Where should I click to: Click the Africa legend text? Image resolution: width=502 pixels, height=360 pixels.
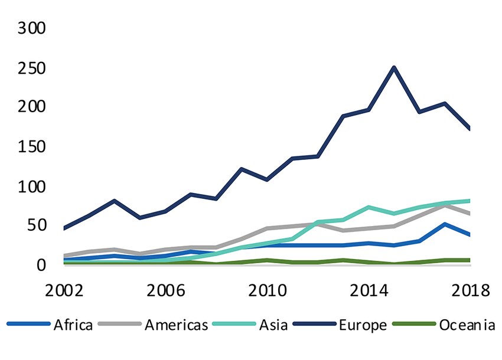[73, 325]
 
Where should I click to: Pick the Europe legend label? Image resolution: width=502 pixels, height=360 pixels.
[362, 325]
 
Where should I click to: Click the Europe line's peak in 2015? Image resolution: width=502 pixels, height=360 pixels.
[394, 67]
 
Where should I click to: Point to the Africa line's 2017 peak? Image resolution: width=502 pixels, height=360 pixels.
[444, 224]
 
